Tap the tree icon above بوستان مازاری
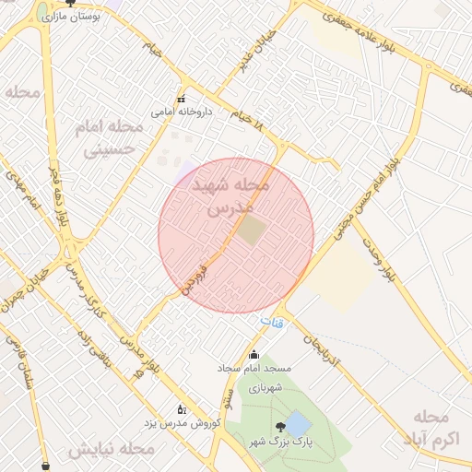pos(69,3)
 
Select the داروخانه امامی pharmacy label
pos(182,112)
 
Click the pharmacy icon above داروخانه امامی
pos(181,99)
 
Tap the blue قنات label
pos(272,323)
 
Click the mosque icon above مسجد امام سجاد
pos(254,356)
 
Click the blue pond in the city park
pos(297,425)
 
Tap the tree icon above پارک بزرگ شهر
pos(278,427)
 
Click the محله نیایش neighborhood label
pos(111,450)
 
